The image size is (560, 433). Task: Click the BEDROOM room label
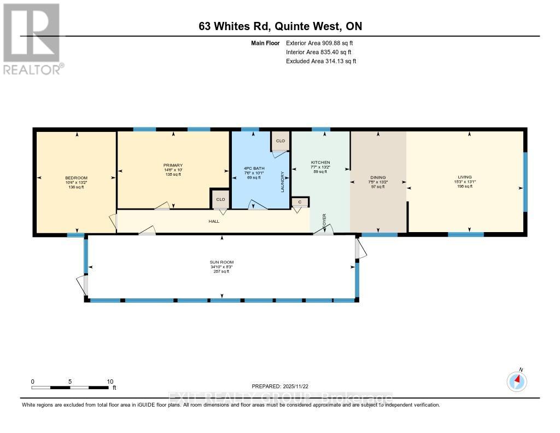pyautogui.click(x=74, y=178)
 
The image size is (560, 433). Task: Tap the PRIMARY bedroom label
pyautogui.click(x=172, y=165)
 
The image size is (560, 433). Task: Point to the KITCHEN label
pyautogui.click(x=320, y=163)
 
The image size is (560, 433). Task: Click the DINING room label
pyautogui.click(x=378, y=177)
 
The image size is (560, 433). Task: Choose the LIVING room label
pyautogui.click(x=464, y=177)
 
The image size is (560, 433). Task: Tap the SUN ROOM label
pyautogui.click(x=221, y=262)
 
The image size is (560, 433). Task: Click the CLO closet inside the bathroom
pyautogui.click(x=281, y=141)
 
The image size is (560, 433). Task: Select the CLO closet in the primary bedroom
pyautogui.click(x=220, y=199)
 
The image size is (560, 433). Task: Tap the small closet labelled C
pyautogui.click(x=300, y=202)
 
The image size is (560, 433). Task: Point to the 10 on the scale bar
pyautogui.click(x=110, y=382)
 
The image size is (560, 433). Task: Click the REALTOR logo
pyautogui.click(x=32, y=38)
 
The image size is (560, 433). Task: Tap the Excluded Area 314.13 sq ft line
pyautogui.click(x=321, y=61)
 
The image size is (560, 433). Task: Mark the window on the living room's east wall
pyautogui.click(x=525, y=181)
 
